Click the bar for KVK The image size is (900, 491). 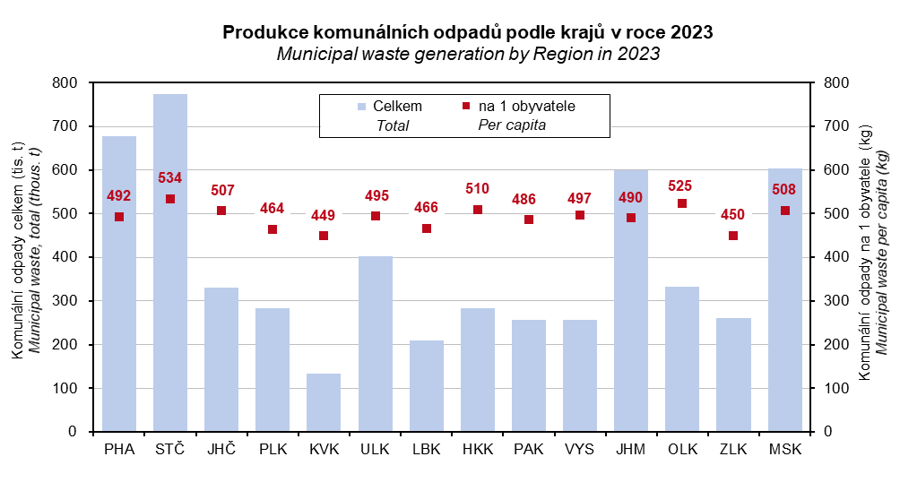click(x=324, y=402)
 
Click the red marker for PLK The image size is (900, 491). click(x=273, y=229)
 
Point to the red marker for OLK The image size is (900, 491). click(x=682, y=203)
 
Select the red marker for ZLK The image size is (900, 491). click(x=733, y=236)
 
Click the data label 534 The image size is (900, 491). click(x=170, y=177)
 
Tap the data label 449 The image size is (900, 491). click(x=324, y=215)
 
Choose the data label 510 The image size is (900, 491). click(x=478, y=189)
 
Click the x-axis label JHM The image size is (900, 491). click(x=631, y=449)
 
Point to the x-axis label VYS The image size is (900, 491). click(x=580, y=449)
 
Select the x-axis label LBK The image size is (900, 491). click(x=427, y=449)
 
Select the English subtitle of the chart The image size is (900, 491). click(x=468, y=54)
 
